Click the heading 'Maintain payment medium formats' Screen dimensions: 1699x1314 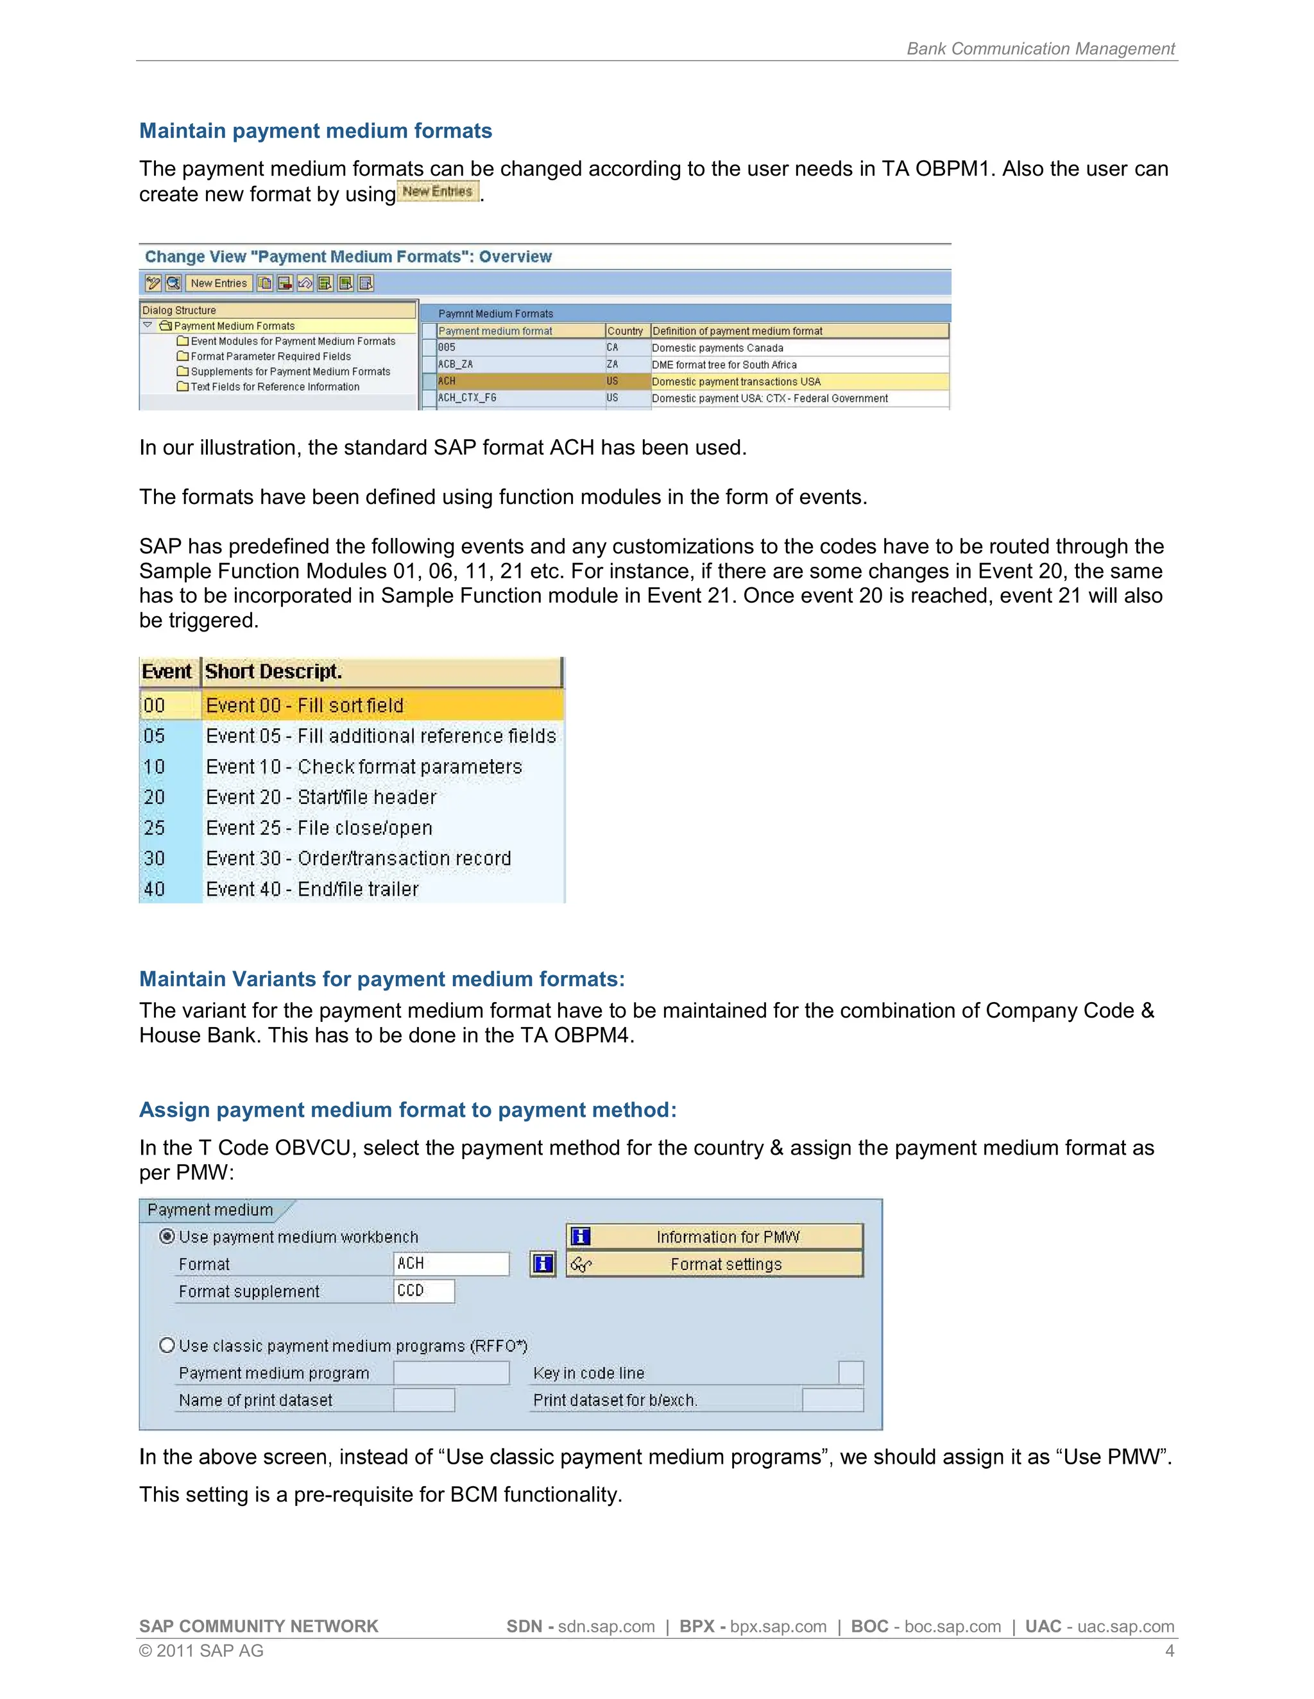[x=315, y=131]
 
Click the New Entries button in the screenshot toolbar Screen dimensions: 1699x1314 [x=219, y=283]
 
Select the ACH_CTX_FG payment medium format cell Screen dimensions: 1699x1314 [x=467, y=398]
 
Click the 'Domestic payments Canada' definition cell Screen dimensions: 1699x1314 [x=717, y=347]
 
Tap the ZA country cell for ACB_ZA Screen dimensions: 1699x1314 [x=613, y=365]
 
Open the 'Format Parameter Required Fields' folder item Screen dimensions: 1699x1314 [x=270, y=356]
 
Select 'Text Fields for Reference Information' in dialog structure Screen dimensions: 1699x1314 [x=274, y=387]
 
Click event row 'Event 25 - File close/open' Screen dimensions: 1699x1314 [x=319, y=828]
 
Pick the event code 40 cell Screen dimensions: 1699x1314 [x=154, y=889]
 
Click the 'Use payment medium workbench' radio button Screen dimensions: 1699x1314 [x=167, y=1236]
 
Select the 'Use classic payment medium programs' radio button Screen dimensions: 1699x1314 [x=167, y=1345]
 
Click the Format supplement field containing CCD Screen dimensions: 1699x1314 [x=423, y=1291]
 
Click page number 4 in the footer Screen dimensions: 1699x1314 [x=1169, y=1651]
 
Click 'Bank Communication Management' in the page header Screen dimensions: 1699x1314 [x=1040, y=48]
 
